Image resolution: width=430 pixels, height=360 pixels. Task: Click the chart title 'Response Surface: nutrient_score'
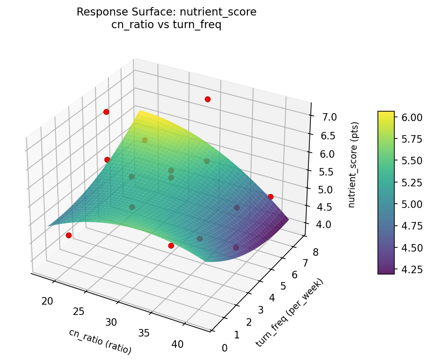pos(166,12)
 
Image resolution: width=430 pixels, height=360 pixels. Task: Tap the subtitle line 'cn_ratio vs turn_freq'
pos(166,25)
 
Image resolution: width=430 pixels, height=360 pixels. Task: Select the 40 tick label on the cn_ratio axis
pos(177,344)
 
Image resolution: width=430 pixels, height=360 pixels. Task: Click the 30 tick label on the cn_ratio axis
pos(111,322)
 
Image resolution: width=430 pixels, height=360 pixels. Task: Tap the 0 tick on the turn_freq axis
pos(224,348)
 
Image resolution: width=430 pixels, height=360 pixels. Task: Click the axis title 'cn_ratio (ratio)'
pos(100,341)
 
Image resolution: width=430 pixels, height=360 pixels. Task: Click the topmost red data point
pos(207,99)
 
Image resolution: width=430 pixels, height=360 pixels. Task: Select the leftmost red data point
pos(69,235)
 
